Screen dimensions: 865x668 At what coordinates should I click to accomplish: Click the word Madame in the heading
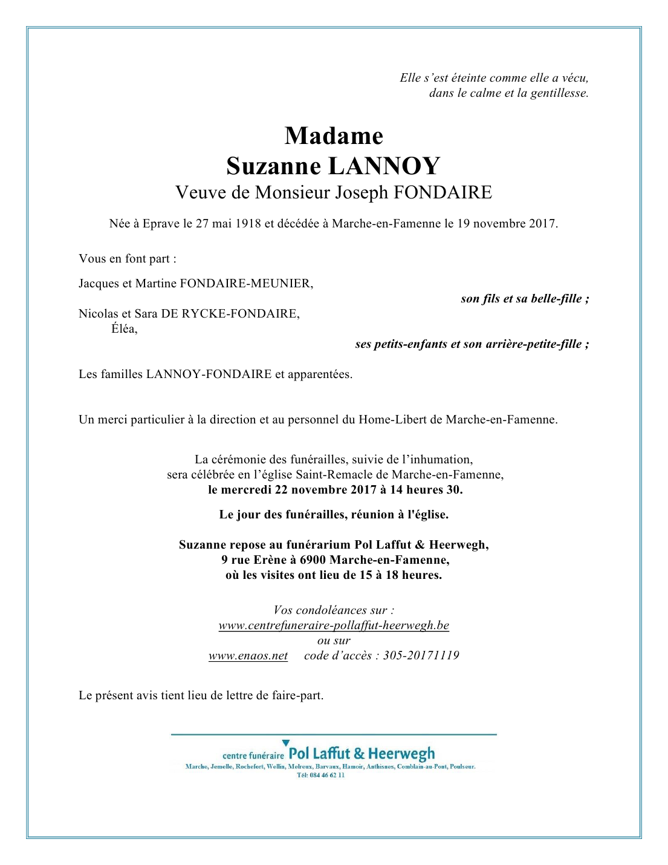[x=334, y=136]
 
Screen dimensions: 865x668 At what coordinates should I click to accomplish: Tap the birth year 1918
[x=248, y=224]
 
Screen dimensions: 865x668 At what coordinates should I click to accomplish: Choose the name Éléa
[x=124, y=329]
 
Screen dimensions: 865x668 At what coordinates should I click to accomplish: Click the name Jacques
[x=99, y=284]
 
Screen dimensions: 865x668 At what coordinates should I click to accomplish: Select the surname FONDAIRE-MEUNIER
[x=246, y=284]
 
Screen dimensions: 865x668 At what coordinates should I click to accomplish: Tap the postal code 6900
[x=313, y=560]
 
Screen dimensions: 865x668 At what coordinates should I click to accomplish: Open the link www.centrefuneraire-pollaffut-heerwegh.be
[x=334, y=625]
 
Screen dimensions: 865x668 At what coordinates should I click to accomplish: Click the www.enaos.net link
[x=248, y=656]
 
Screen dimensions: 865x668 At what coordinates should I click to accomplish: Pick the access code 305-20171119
[x=421, y=656]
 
